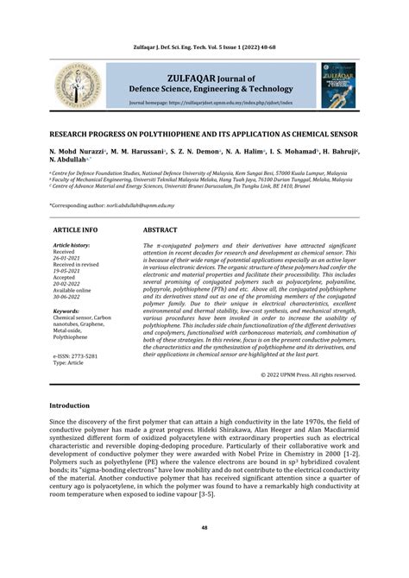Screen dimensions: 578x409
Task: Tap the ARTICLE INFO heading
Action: [76, 232]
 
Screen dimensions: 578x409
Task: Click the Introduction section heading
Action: [75, 405]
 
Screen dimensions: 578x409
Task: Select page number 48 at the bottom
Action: [204, 528]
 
